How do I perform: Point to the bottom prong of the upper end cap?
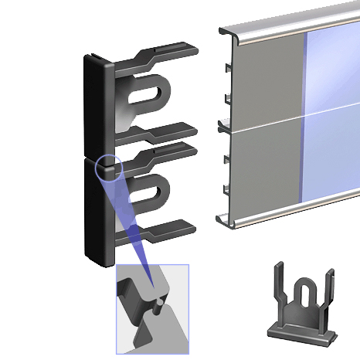[167, 131]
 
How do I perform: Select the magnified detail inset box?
[151, 309]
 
